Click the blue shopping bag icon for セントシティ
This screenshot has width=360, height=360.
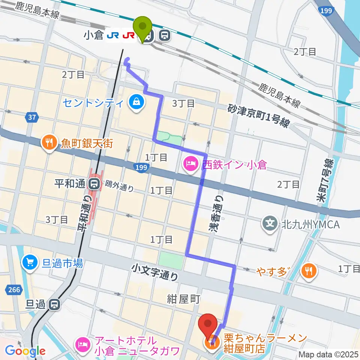[135, 102]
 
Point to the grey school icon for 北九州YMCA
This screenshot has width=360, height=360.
[270, 224]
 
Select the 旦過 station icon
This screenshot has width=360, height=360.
[55, 304]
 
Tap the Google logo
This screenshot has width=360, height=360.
[25, 351]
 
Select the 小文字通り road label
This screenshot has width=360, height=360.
[155, 272]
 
